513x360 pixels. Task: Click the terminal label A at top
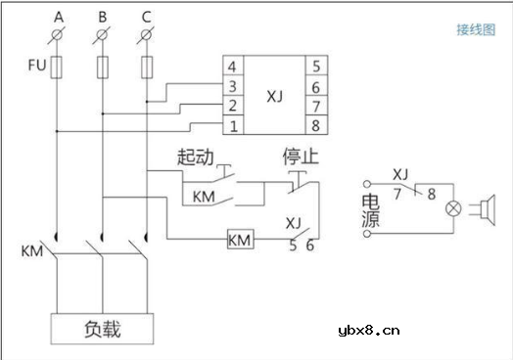coord(59,16)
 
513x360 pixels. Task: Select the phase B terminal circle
coord(103,36)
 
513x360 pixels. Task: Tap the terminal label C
coord(147,16)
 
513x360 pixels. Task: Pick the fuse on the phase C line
coord(147,67)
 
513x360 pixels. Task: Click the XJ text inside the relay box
coord(276,97)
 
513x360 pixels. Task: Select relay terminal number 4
coord(233,67)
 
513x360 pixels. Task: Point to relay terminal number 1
coord(233,125)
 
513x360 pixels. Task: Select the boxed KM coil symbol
coord(240,240)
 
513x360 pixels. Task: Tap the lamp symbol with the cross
coord(453,209)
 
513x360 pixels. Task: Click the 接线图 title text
coord(476,29)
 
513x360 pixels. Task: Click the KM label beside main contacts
coord(31,252)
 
